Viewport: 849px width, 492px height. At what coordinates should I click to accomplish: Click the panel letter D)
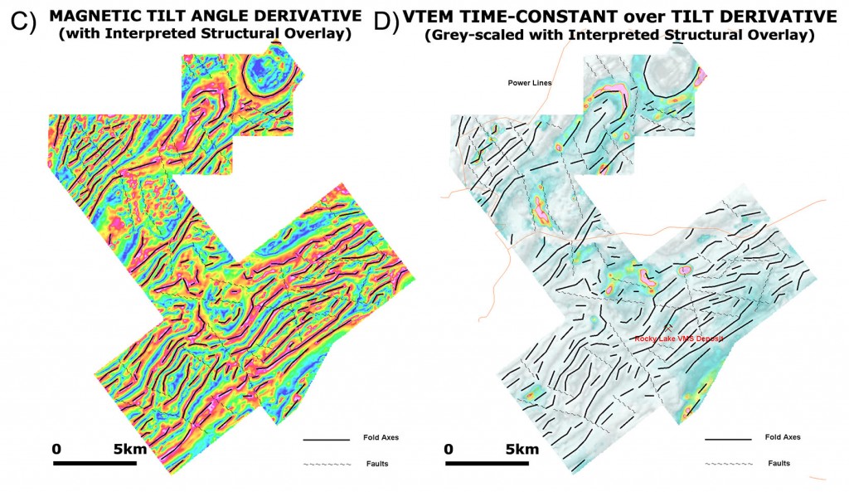pos(387,22)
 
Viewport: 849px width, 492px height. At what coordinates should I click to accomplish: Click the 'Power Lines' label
pos(529,82)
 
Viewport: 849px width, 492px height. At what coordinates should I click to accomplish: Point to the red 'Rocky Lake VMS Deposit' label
pos(679,339)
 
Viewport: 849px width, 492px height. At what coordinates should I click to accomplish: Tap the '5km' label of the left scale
pos(132,449)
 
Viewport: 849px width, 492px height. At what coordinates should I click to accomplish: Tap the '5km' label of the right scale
pos(523,449)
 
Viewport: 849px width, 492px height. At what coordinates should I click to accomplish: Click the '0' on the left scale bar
pos(56,449)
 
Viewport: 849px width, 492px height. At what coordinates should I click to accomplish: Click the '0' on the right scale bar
pos(449,449)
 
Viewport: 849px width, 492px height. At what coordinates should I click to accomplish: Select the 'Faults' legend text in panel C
pos(376,463)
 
